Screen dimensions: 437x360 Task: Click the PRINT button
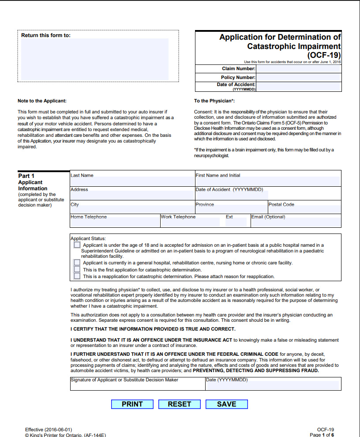pyautogui.click(x=132, y=404)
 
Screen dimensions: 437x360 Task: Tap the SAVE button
pyautogui.click(x=226, y=404)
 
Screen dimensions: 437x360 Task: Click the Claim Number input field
pyautogui.click(x=299, y=69)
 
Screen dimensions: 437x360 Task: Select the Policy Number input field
pyautogui.click(x=299, y=77)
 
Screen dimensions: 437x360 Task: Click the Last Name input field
pyautogui.click(x=132, y=181)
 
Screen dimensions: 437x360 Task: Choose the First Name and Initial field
pyautogui.click(x=268, y=181)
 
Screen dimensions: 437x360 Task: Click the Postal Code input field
pyautogui.click(x=304, y=210)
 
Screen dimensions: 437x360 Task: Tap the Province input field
pyautogui.click(x=231, y=210)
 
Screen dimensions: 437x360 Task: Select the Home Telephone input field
pyautogui.click(x=115, y=222)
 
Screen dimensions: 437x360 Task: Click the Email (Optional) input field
pyautogui.click(x=296, y=222)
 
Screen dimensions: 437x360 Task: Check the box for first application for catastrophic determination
pyautogui.click(x=77, y=269)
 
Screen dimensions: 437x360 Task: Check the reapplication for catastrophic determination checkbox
pyautogui.click(x=77, y=276)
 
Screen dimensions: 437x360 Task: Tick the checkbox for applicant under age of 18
pyautogui.click(x=77, y=245)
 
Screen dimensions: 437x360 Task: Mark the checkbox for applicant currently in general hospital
pyautogui.click(x=77, y=263)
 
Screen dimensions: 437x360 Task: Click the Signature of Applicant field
pyautogui.click(x=138, y=386)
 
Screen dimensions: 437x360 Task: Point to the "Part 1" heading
pyautogui.click(x=26, y=176)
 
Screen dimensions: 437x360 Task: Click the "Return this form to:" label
pyautogui.click(x=46, y=35)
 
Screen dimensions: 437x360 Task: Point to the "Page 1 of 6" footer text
pyautogui.click(x=322, y=435)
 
